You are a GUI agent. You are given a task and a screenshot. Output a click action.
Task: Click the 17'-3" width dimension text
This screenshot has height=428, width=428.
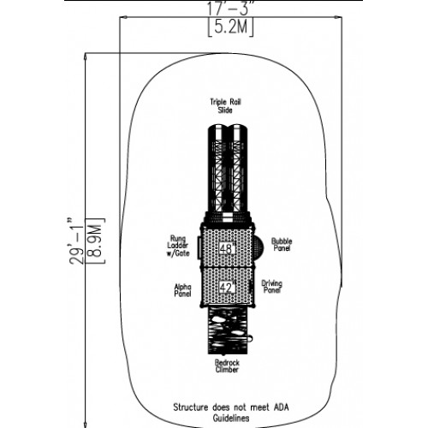[x=230, y=9]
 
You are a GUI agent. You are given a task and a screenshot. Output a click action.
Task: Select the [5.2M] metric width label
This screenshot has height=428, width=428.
[x=230, y=27]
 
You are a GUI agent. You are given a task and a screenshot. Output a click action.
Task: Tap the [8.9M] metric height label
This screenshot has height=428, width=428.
[x=95, y=241]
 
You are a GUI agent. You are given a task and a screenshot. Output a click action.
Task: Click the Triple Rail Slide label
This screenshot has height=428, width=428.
[x=225, y=106]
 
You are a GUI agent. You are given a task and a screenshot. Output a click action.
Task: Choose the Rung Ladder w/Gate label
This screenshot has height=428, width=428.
[x=178, y=246]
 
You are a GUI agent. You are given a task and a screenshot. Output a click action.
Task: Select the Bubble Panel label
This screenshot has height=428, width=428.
[x=282, y=245]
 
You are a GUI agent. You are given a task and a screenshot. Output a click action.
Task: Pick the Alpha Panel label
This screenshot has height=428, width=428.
[x=182, y=290]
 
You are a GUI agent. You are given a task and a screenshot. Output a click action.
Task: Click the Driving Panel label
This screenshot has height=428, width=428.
[x=272, y=287]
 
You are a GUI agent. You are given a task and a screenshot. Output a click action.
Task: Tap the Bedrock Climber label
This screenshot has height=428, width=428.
[x=227, y=366]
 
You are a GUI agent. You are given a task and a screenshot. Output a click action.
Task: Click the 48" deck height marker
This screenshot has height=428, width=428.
[x=227, y=249]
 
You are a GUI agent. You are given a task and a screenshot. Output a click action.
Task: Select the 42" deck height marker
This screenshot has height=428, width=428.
[x=227, y=288]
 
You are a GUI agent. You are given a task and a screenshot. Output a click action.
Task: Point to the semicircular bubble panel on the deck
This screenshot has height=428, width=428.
[x=259, y=246]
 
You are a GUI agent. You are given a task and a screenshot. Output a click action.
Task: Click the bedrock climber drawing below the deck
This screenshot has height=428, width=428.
[x=228, y=331]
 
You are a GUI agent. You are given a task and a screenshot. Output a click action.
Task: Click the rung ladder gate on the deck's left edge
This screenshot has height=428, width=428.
[x=199, y=247]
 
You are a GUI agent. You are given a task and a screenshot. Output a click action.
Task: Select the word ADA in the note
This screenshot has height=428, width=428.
[x=281, y=407]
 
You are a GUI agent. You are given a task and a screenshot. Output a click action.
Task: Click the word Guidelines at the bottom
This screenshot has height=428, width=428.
[x=231, y=419]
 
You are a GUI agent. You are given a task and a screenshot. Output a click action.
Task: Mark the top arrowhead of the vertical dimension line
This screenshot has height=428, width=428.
[x=85, y=56]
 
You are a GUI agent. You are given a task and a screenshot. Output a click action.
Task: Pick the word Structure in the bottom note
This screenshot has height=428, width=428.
[x=191, y=407]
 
